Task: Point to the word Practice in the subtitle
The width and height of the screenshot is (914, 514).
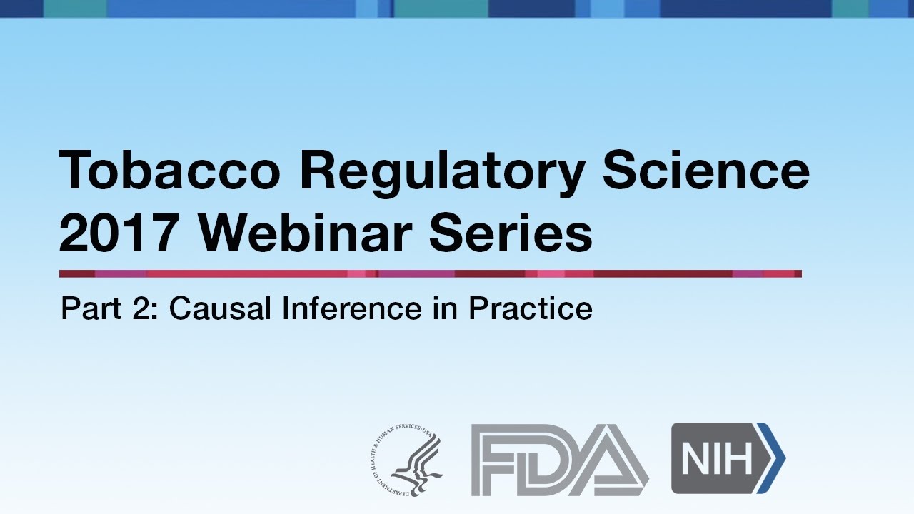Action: coord(530,309)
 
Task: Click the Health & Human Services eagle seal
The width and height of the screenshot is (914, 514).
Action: coord(406,459)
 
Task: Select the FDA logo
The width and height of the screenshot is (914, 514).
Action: coord(560,459)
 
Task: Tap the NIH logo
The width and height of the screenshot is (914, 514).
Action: coord(728,458)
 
